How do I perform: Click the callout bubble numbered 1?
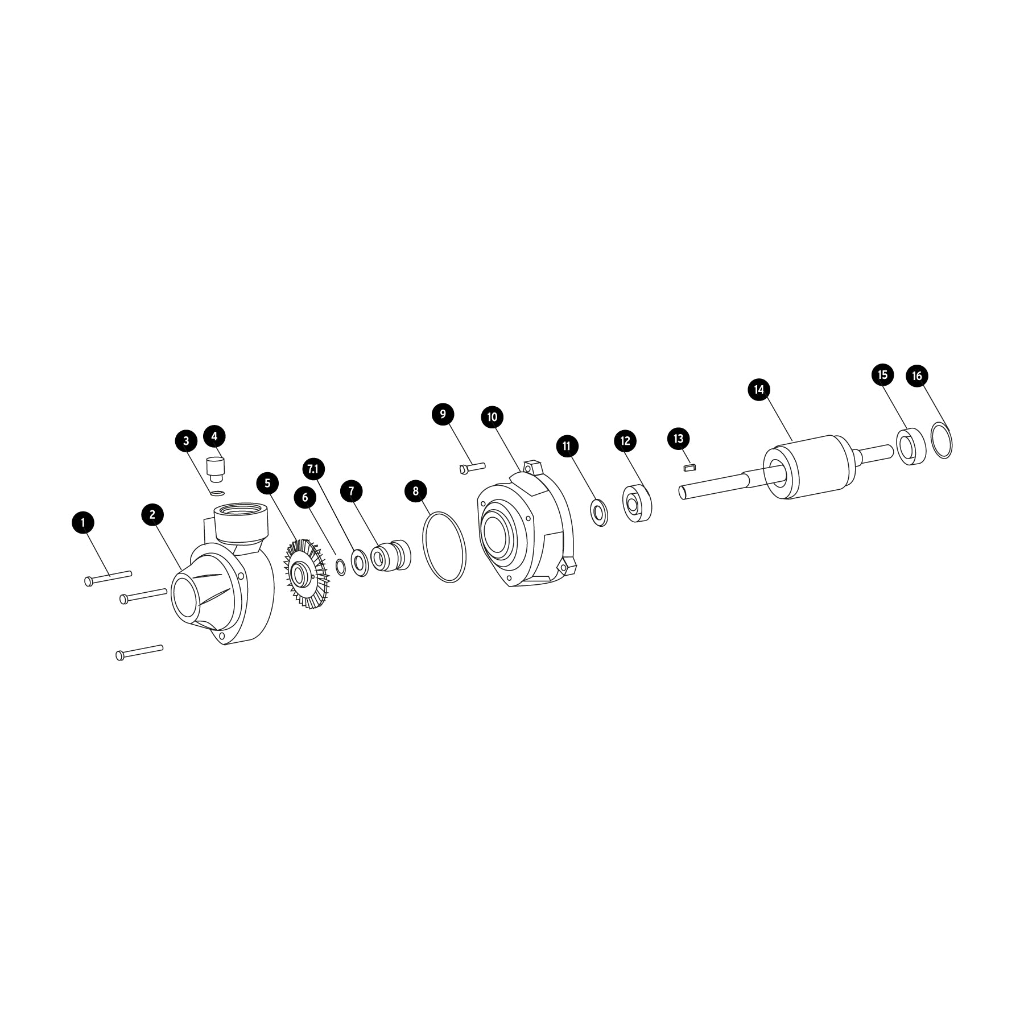tap(84, 522)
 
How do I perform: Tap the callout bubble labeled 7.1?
tap(313, 469)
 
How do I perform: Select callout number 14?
tap(758, 390)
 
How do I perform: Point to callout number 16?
tap(917, 376)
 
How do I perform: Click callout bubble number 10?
tap(493, 417)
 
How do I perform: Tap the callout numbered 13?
tap(678, 439)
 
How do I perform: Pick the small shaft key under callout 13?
tap(689, 468)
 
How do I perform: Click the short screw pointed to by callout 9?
tap(471, 468)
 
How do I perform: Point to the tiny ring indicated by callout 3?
tap(217, 492)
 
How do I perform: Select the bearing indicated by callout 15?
tap(911, 447)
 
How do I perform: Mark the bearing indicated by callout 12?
tap(637, 503)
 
